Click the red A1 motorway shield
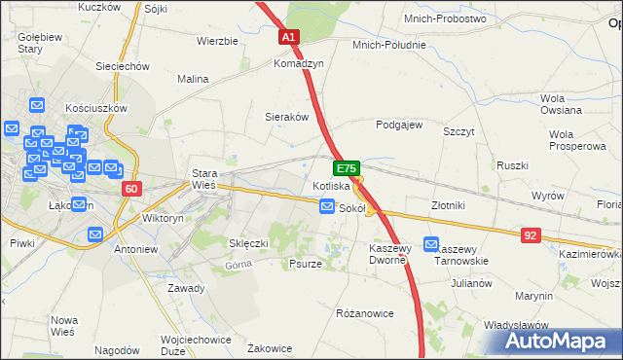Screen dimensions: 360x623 (289, 37)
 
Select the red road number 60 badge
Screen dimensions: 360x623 (133, 188)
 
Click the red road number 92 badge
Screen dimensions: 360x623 (530, 234)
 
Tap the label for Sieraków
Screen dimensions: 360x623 (287, 116)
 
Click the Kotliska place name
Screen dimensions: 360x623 (331, 185)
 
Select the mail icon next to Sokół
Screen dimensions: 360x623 (327, 207)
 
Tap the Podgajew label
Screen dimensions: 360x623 (399, 125)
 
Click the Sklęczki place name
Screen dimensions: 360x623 (248, 242)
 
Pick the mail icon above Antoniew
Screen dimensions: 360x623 (95, 234)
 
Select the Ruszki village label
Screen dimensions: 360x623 (512, 165)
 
